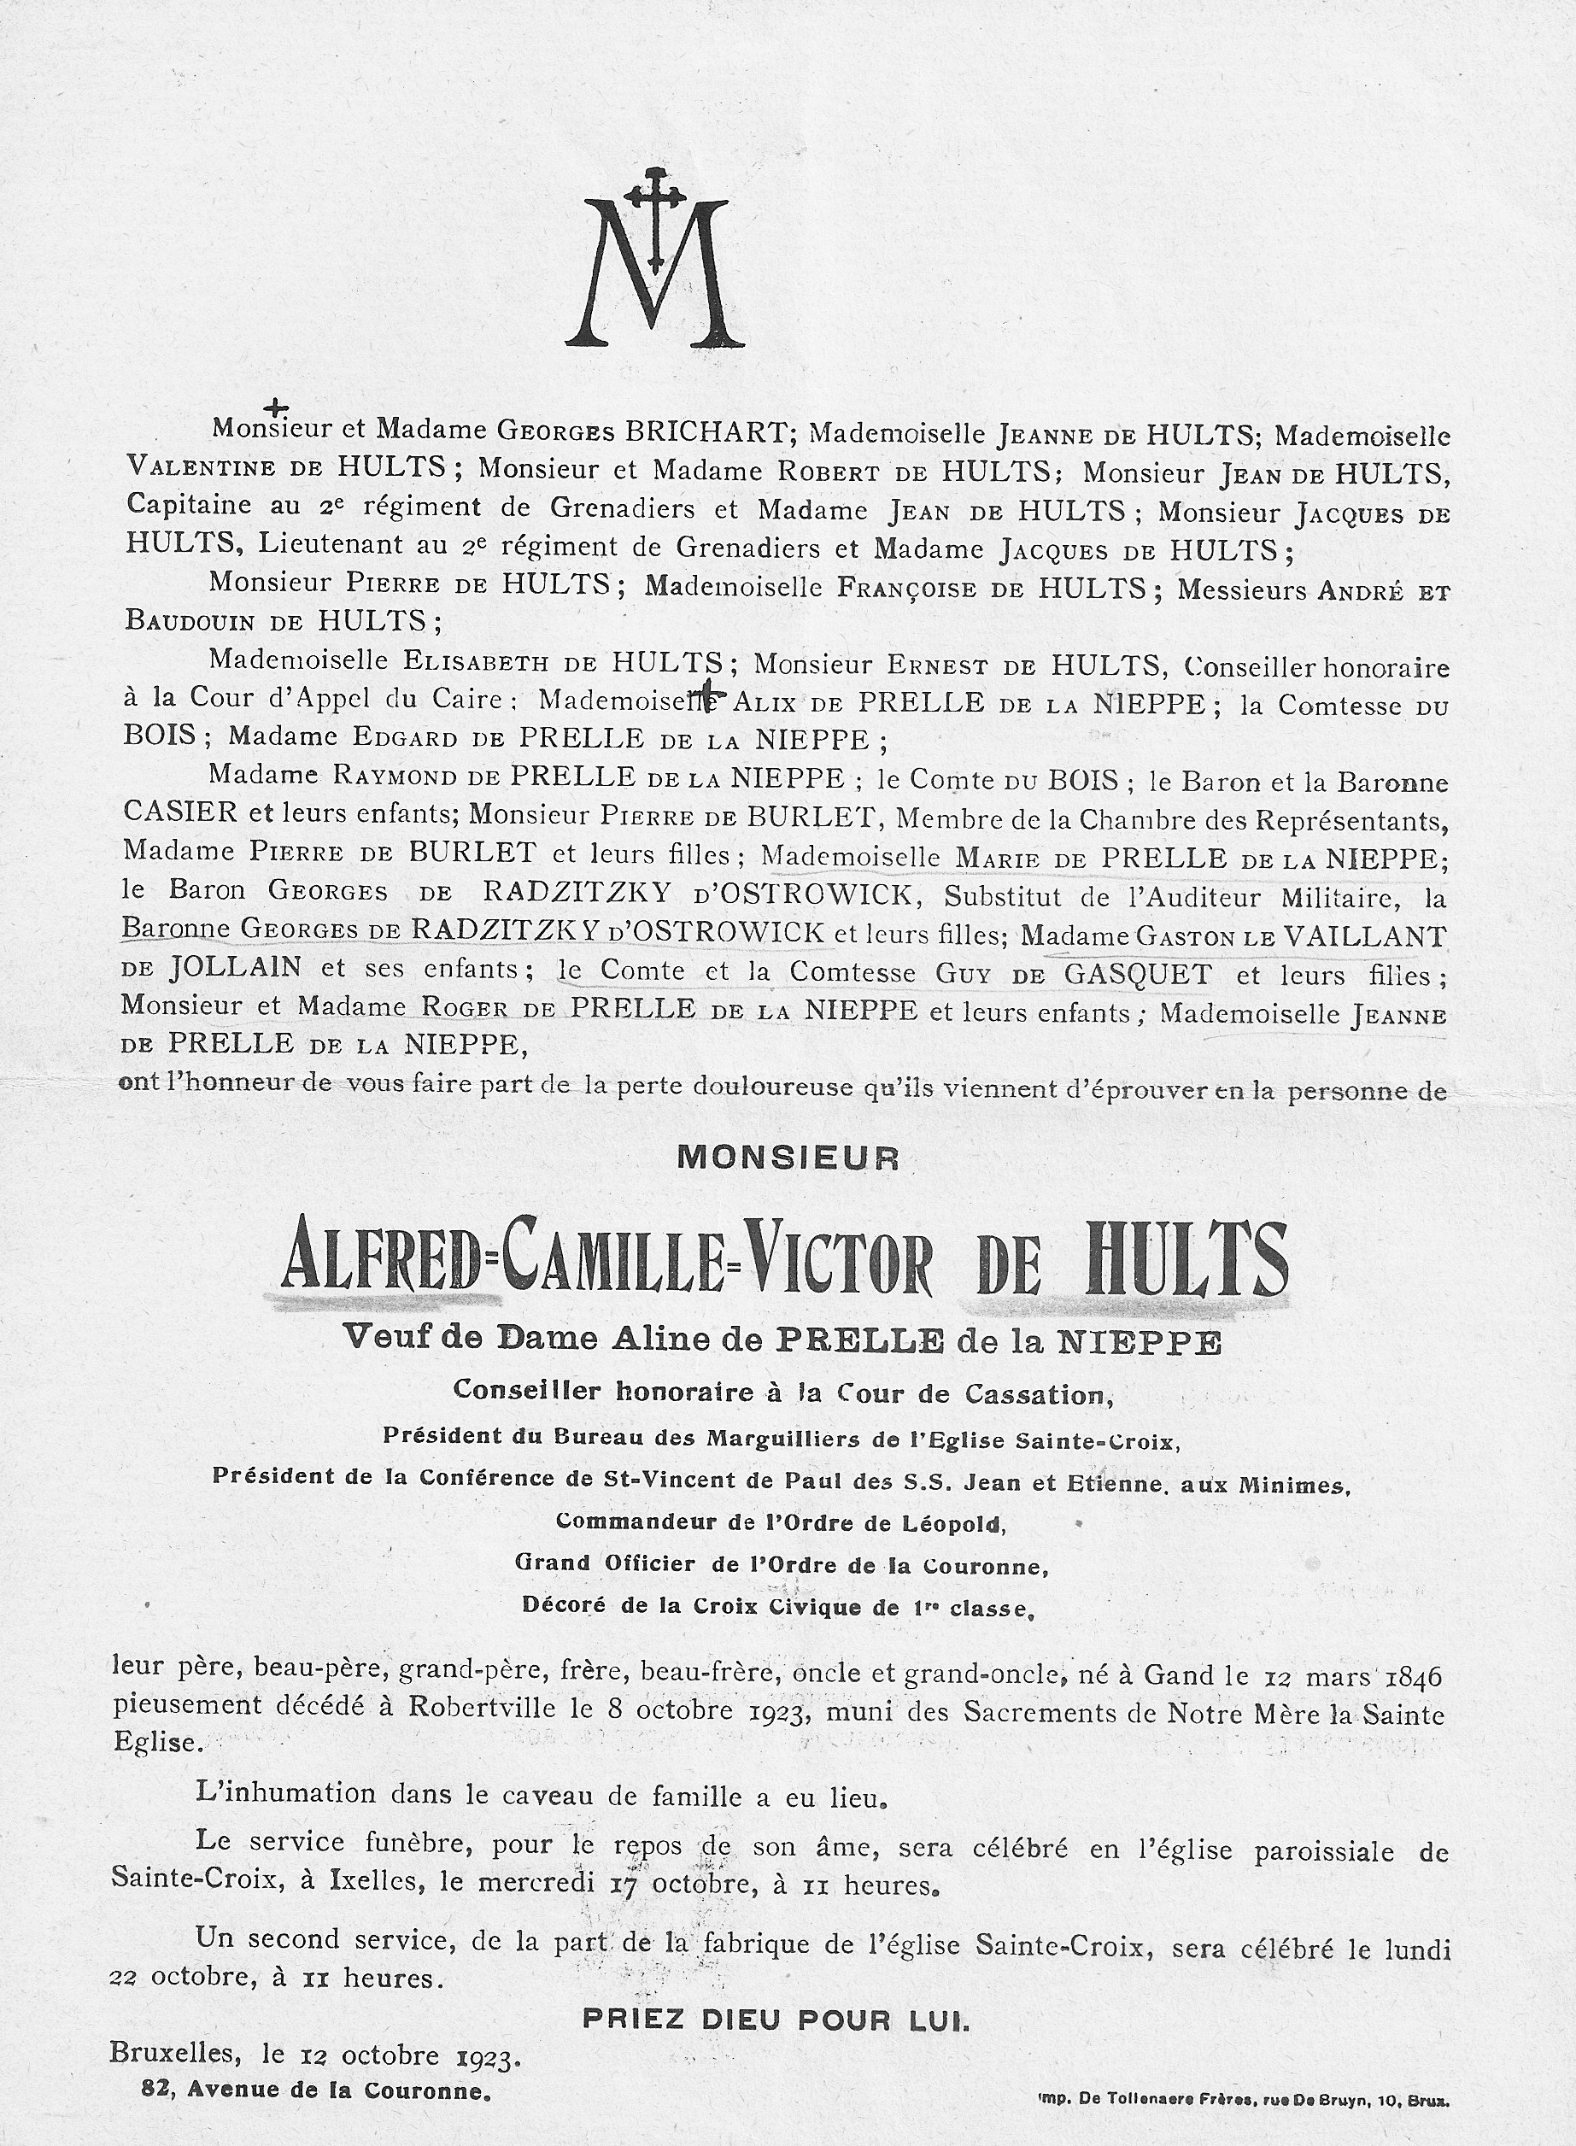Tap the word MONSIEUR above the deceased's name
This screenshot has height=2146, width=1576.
tap(788, 1158)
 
